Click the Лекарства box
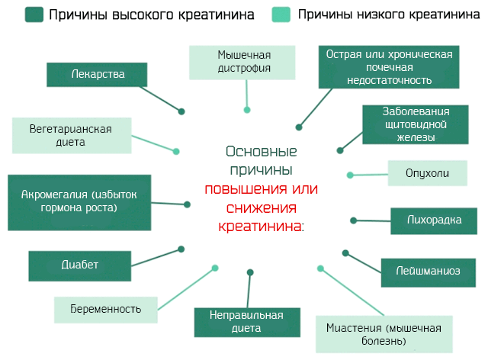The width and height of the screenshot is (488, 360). (97, 74)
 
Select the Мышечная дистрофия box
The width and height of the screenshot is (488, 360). (244, 62)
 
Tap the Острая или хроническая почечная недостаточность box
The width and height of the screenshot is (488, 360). (389, 66)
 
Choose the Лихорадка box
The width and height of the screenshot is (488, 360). (433, 220)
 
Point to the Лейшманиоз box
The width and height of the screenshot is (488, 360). (428, 270)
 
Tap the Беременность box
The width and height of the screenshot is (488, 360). (108, 308)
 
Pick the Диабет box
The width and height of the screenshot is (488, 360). (80, 265)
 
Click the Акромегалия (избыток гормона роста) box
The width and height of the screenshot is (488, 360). (79, 201)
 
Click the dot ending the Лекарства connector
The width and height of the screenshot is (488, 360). (181, 111)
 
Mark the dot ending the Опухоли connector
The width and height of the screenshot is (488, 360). (350, 175)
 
